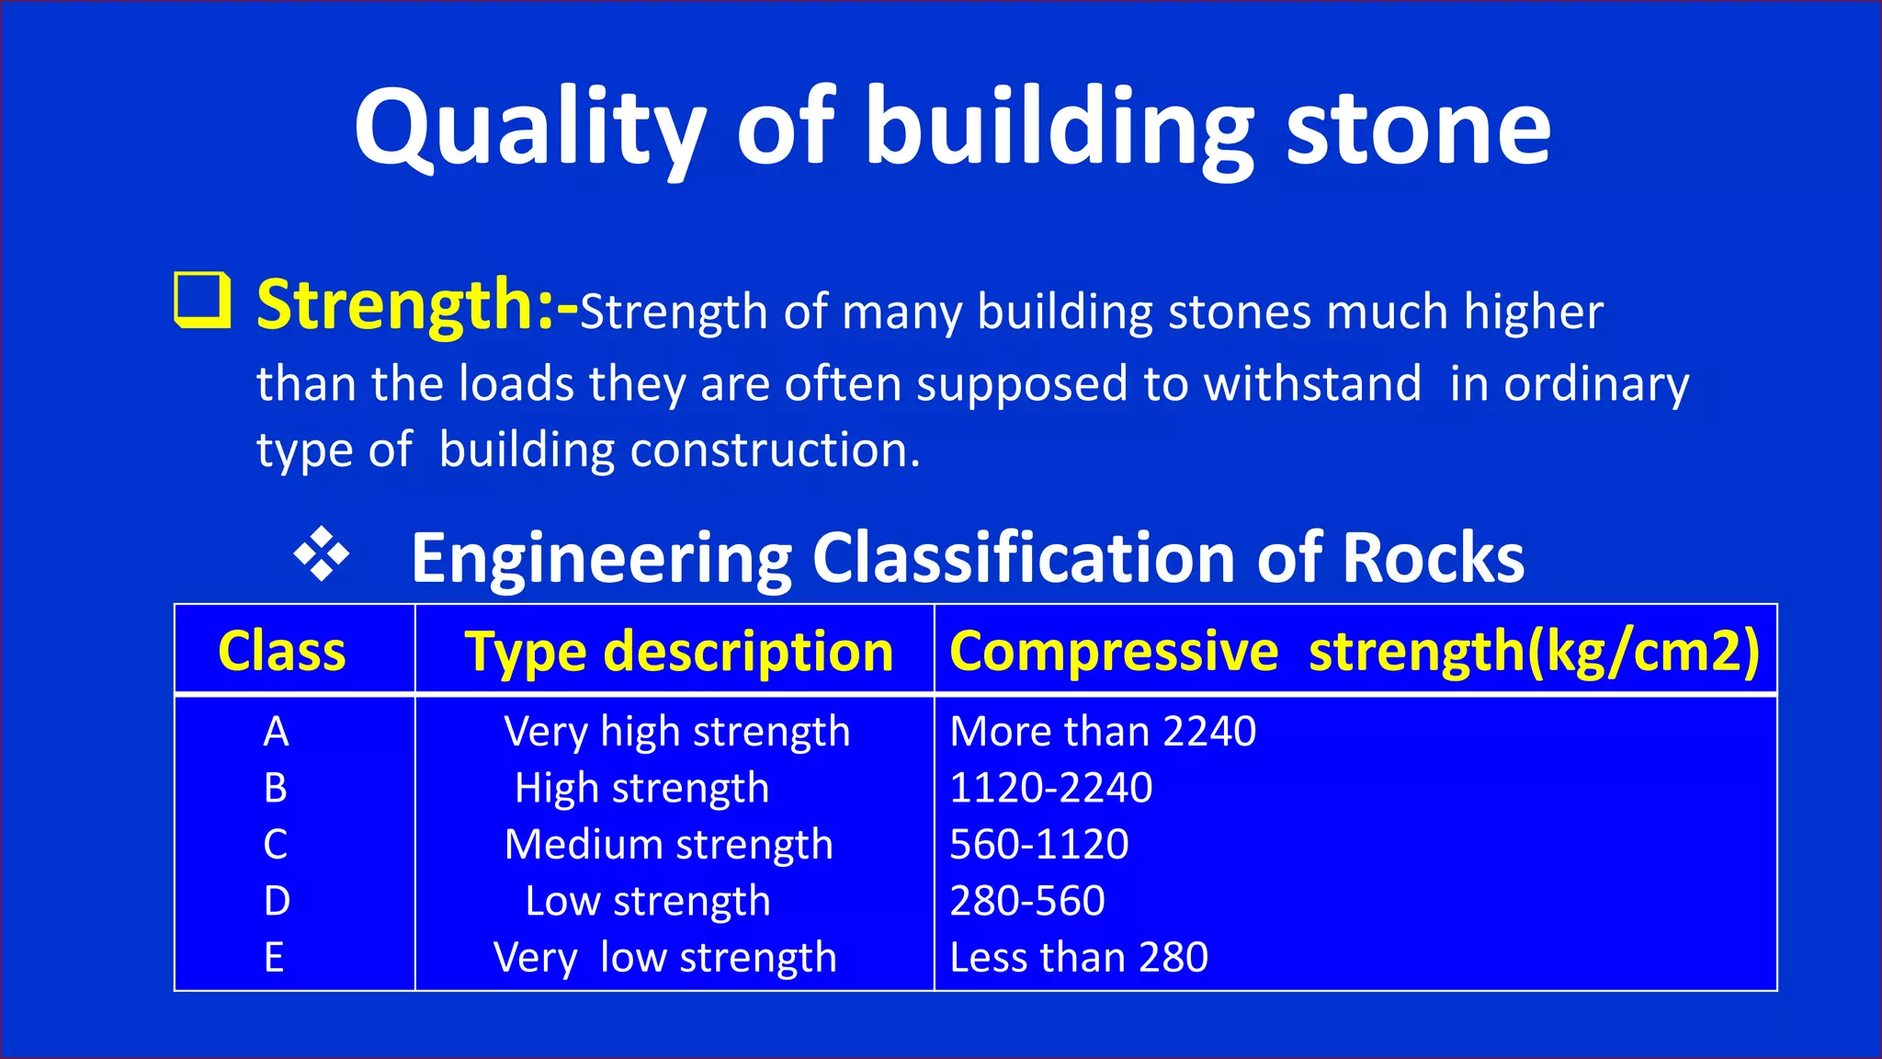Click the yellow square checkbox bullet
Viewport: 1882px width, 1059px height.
202,300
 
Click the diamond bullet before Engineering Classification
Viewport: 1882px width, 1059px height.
322,554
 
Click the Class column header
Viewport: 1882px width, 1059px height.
282,651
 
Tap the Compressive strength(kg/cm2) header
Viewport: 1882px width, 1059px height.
1355,651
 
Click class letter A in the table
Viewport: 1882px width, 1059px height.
276,732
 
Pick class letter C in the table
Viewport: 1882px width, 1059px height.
276,845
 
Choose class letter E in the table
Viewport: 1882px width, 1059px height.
274,958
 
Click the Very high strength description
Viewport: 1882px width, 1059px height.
677,732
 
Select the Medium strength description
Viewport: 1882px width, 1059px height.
669,845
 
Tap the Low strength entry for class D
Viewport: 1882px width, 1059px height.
648,901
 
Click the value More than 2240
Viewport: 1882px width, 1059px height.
1103,732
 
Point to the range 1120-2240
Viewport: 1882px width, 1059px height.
1050,788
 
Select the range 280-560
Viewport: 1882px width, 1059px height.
1027,901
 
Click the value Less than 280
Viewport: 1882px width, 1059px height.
1079,958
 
